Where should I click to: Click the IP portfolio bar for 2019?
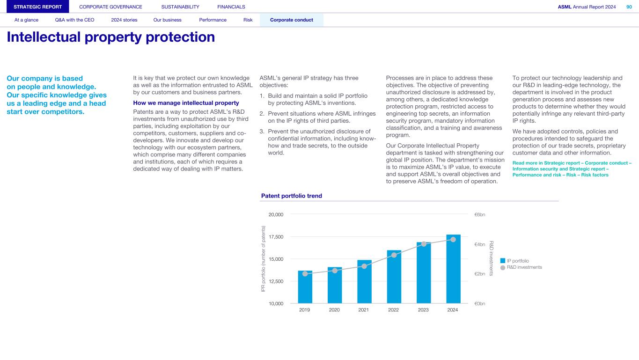pos(305,287)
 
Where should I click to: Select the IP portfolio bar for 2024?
pos(453,269)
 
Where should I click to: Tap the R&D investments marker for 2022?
pos(394,255)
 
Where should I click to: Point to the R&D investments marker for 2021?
pos(364,266)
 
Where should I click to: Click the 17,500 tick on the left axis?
pos(276,237)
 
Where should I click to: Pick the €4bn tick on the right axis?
pos(480,244)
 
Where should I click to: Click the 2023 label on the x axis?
pos(423,309)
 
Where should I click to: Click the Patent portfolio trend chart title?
pos(291,196)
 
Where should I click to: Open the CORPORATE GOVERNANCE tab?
pos(110,7)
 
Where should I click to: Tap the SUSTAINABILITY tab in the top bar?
pos(180,7)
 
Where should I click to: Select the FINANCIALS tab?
pos(231,7)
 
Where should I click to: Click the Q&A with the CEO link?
pos(75,20)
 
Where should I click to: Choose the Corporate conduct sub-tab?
pos(292,20)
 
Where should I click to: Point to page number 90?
pos(629,7)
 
